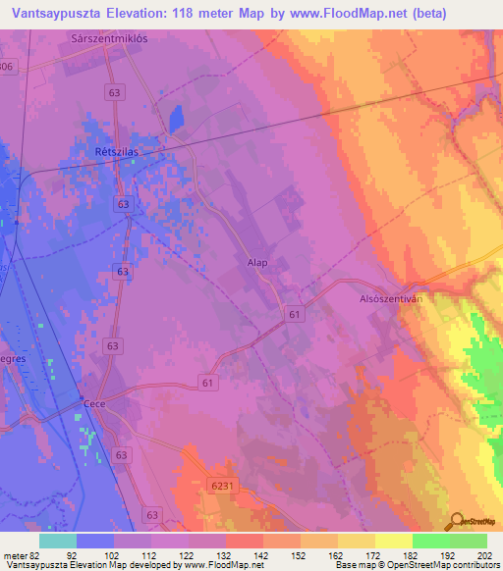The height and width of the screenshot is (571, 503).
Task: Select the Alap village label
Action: (x=257, y=262)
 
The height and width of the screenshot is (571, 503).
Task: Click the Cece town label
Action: (x=94, y=403)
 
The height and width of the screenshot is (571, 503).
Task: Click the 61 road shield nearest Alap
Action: (x=296, y=313)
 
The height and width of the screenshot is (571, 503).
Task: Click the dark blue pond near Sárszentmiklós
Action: (x=177, y=119)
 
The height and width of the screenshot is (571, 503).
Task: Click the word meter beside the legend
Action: (x=16, y=555)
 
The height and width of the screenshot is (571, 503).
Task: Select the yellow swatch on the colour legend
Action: (x=394, y=541)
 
